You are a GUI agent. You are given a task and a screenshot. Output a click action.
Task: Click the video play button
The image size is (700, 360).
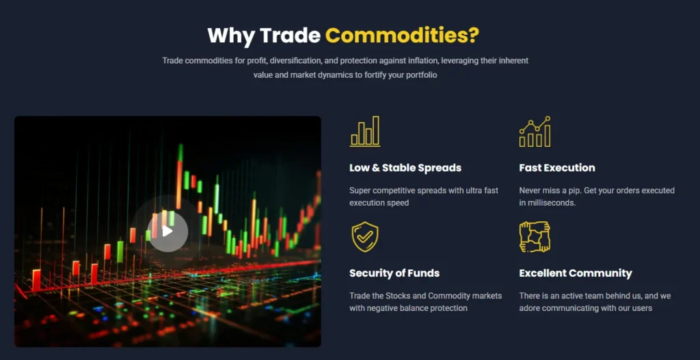coord(167,231)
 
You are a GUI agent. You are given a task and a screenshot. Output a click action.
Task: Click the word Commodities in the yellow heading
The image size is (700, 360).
coord(402,34)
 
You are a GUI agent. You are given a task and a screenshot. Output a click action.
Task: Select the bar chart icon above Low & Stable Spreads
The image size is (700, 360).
coord(365,131)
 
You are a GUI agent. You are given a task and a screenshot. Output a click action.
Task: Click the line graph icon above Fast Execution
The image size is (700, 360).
coord(535,131)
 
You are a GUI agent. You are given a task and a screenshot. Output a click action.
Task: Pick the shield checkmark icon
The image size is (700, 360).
coord(365,237)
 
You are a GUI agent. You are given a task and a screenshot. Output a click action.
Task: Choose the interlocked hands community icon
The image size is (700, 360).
coord(535,237)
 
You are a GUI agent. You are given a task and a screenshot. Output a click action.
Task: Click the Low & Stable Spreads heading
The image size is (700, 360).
coord(405,168)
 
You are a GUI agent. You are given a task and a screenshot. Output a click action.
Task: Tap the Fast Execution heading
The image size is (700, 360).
coord(557,168)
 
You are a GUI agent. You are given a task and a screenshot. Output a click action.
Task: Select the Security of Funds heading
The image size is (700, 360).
coord(394,273)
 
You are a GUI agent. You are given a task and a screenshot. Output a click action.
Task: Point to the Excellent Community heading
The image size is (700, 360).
coord(576,273)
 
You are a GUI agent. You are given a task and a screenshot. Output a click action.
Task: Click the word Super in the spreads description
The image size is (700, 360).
coord(360,191)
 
